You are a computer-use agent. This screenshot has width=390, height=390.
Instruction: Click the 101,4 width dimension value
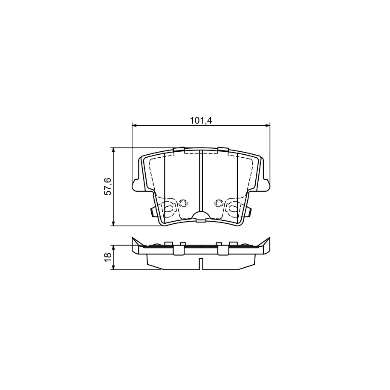[201, 120]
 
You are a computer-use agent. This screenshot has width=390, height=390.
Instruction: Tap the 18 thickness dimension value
[108, 257]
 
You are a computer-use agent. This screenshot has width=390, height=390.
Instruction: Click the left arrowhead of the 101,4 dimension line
[134, 126]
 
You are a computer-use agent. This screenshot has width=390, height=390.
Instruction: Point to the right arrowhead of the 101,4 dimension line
[267, 126]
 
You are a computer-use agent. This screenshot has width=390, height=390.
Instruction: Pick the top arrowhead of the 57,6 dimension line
[113, 150]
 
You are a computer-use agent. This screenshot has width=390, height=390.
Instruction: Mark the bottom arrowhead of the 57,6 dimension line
[113, 223]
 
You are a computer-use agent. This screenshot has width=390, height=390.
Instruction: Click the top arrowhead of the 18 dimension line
[113, 248]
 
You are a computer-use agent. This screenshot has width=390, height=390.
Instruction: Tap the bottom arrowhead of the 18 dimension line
[113, 267]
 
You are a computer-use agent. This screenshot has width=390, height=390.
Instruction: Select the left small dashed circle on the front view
[183, 203]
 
